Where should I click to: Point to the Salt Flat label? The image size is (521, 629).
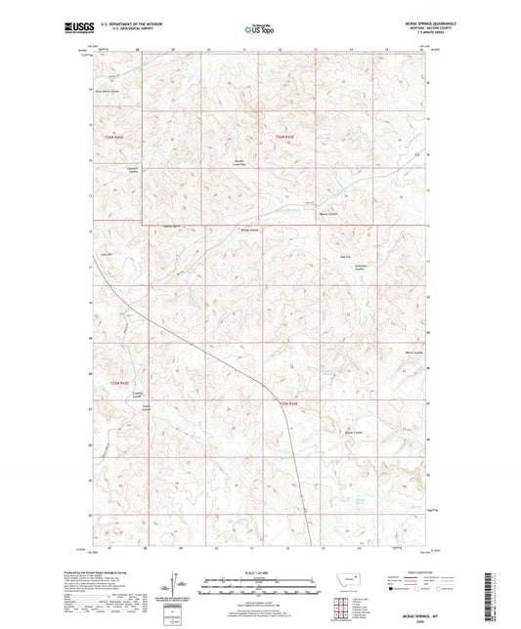pos(345,257)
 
